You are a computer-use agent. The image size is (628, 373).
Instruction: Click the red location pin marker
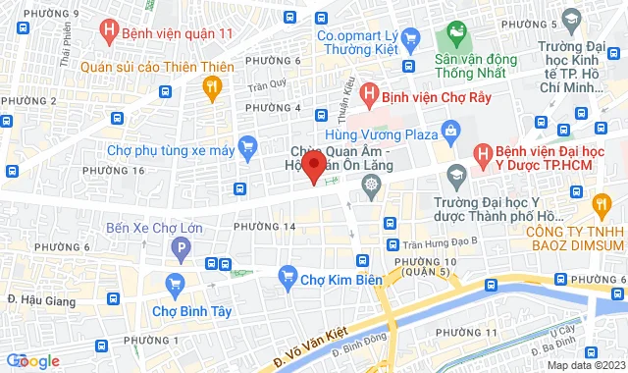click(x=313, y=165)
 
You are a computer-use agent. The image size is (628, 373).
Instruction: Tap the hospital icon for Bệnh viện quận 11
click(x=111, y=33)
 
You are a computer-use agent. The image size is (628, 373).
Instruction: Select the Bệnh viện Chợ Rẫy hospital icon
click(x=369, y=96)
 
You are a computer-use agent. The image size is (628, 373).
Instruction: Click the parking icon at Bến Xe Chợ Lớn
click(x=179, y=252)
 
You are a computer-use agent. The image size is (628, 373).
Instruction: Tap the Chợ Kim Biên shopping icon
click(x=288, y=275)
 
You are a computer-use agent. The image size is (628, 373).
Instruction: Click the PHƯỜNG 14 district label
click(x=264, y=227)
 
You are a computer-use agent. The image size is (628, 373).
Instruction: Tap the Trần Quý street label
click(x=266, y=83)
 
